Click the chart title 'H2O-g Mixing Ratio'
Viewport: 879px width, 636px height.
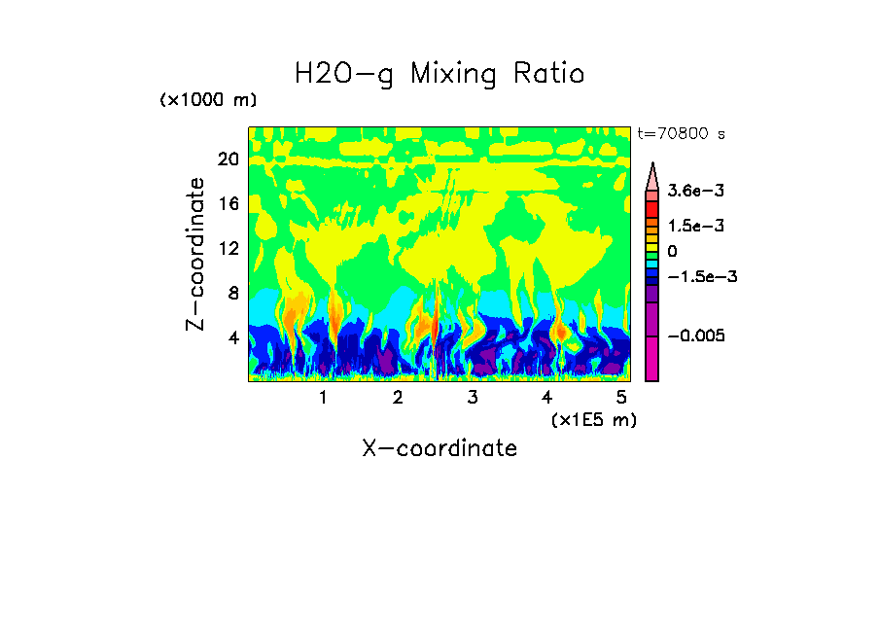439,74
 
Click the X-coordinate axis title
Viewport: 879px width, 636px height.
439,448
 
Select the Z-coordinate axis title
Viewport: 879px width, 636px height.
196,253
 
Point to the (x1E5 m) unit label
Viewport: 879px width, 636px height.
593,419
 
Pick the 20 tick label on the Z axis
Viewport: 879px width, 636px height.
228,159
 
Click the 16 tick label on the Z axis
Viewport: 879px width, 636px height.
228,204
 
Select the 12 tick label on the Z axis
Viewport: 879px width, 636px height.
228,249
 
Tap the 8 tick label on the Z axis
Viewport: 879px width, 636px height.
232,294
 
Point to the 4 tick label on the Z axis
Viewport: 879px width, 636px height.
232,338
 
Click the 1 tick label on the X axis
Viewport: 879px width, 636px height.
323,397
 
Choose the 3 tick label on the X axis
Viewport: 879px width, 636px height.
472,397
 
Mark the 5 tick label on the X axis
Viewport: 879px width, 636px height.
620,397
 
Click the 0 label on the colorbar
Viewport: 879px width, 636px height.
672,251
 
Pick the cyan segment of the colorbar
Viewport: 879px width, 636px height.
652,264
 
